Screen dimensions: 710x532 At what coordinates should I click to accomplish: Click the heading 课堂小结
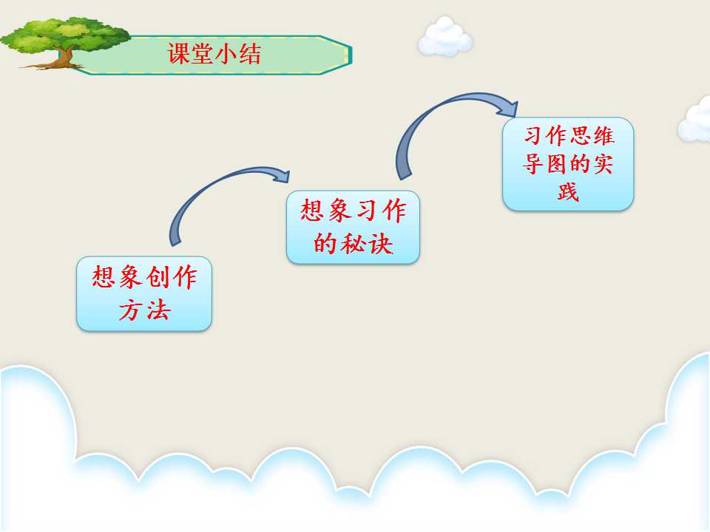tap(214, 53)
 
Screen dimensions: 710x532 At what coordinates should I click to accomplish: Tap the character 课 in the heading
tap(179, 53)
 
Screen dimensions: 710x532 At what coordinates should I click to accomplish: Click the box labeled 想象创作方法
tap(144, 293)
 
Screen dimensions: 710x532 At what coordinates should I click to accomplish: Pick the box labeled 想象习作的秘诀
tap(354, 227)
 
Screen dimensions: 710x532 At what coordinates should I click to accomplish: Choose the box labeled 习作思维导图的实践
tap(568, 164)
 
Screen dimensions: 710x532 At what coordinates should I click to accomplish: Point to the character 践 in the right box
tap(568, 192)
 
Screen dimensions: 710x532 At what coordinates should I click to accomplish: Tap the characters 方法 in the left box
tap(144, 310)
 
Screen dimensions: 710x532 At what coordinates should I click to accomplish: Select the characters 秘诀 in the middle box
tap(367, 245)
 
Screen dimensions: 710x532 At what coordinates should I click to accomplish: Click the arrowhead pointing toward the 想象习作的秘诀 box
tap(281, 176)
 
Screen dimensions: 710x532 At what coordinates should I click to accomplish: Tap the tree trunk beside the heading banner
tap(67, 58)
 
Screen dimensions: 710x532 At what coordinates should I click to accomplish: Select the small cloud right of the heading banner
tap(444, 37)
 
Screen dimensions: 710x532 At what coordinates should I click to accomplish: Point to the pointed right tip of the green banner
tap(351, 55)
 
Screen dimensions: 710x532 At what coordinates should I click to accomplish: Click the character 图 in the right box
tap(556, 164)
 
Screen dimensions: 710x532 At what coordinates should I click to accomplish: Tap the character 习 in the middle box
tap(367, 211)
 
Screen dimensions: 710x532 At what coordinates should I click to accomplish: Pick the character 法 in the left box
tap(158, 310)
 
